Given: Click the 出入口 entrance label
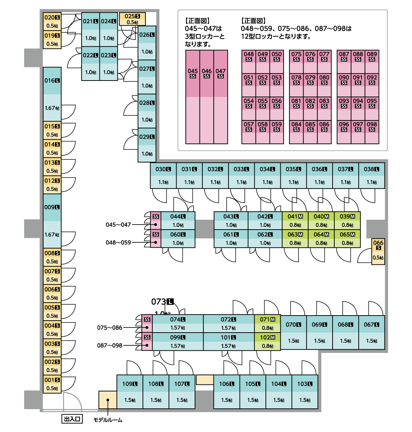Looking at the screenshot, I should pos(72,419).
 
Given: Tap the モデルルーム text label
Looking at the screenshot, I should pos(108,420).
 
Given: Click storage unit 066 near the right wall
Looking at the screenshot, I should pos(378,251).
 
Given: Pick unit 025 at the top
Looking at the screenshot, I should pos(132,19).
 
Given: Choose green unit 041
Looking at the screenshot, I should pos(295,221).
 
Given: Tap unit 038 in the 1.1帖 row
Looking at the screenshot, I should pos(371,176).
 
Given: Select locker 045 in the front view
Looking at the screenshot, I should pos(193,96).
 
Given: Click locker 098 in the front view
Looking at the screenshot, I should pos(372,132).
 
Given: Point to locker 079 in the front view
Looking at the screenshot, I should pos(310,85).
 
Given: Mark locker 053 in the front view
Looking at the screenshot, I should pos(276,85).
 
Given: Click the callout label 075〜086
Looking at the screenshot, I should pos(110,328).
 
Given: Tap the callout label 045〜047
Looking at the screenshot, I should pos(118,225).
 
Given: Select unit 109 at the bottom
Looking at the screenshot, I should pos(130,391).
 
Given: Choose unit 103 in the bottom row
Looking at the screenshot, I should pos(305,391).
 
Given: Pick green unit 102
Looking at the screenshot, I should pos(267,341).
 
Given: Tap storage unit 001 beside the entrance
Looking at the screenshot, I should pos(52,384).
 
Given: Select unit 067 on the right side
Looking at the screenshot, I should pos(371,332).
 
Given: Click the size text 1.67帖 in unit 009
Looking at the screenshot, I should pos(52,235).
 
